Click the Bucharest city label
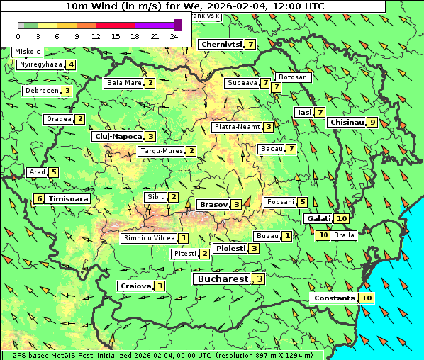[x=223, y=279]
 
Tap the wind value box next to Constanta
[x=367, y=298]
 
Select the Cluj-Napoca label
[x=118, y=136]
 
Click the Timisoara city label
[x=68, y=199]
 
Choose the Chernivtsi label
[x=221, y=44]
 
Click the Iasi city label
[x=304, y=112]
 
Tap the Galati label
[x=318, y=218]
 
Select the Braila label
[x=343, y=235]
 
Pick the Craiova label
[x=135, y=286]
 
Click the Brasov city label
[x=213, y=204]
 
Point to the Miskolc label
[x=28, y=52]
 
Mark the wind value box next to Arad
[x=54, y=172]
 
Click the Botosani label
[x=294, y=77]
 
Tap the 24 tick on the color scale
[x=174, y=35]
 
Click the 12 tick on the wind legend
[x=96, y=35]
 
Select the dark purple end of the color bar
[x=177, y=25]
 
